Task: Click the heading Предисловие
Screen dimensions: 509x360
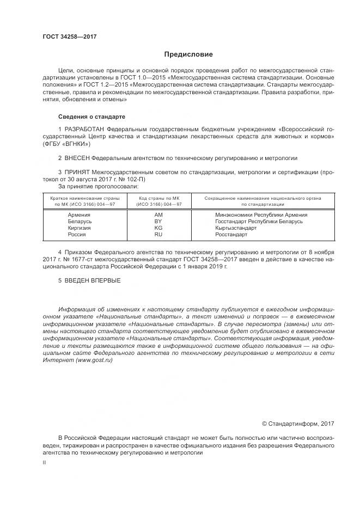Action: (x=188, y=54)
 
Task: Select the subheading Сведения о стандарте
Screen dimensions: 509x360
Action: (x=91, y=117)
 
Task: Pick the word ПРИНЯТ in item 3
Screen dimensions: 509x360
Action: (x=77, y=172)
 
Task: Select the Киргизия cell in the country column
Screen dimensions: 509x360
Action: (x=80, y=228)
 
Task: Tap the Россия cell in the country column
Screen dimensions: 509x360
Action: (x=77, y=235)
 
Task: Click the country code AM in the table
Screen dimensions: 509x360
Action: (x=158, y=215)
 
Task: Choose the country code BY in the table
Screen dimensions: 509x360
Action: (x=158, y=222)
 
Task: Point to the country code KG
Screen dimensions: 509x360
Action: (x=158, y=228)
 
